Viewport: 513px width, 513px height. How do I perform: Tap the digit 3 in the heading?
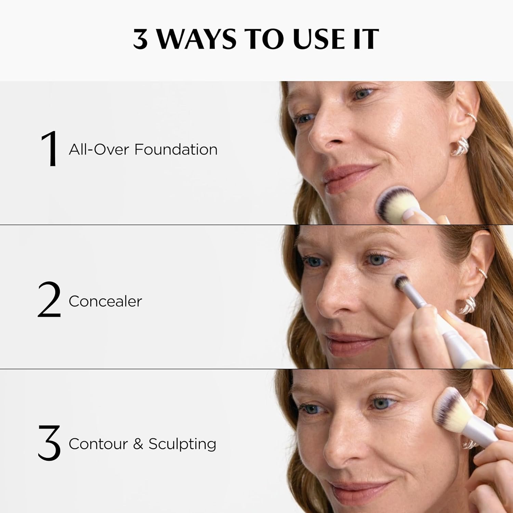tap(141, 39)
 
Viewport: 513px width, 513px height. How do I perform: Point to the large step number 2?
tap(49, 300)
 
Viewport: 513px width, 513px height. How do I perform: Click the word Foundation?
tap(176, 149)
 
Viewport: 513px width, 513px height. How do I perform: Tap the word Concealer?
tap(105, 301)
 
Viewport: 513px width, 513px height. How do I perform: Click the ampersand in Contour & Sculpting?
tap(138, 444)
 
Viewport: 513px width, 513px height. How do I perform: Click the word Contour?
tap(98, 444)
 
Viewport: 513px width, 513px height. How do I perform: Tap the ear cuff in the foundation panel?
tap(472, 117)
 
